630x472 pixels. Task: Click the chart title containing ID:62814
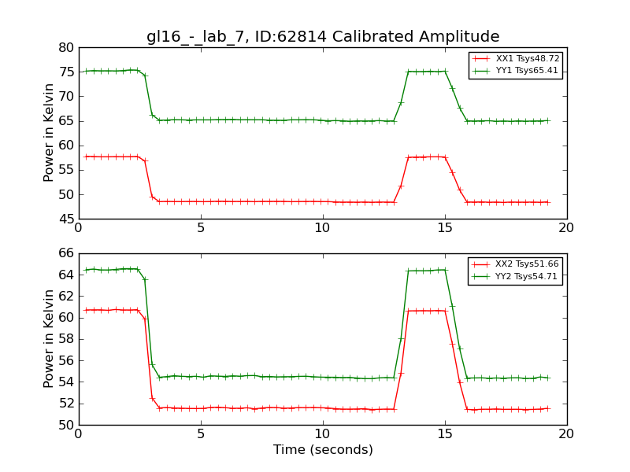coord(323,37)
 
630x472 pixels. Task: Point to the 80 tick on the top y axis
coord(65,48)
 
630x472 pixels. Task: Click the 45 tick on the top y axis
coord(65,219)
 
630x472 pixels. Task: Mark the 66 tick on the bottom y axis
coord(65,253)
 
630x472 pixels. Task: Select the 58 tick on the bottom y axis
coord(65,339)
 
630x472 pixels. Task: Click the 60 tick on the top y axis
coord(65,146)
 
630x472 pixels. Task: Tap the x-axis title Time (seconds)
coord(323,450)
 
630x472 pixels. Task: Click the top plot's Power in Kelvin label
coord(49,133)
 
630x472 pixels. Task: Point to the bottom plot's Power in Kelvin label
coord(49,339)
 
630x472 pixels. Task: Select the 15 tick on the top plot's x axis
coord(445,228)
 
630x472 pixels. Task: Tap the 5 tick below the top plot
coord(201,228)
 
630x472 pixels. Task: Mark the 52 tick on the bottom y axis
coord(65,404)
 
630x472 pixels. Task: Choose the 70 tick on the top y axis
coord(65,97)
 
